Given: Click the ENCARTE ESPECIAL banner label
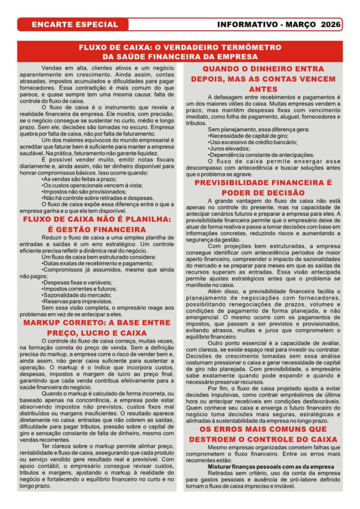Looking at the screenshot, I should click(75, 24).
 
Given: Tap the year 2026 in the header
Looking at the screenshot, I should click(331, 24).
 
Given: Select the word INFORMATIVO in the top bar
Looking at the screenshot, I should click(246, 24).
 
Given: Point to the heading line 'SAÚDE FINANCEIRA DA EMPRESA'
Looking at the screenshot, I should click(180, 57).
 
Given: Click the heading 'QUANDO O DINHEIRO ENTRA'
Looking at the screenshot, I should click(263, 69).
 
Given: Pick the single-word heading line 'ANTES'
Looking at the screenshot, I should click(263, 89).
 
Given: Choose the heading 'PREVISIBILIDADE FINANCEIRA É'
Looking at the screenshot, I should click(263, 182).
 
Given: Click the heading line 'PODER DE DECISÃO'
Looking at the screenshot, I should click(263, 193).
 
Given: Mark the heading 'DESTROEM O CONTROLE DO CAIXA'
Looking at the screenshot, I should click(263, 439).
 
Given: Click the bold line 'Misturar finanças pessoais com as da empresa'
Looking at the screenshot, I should click(270, 467).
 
